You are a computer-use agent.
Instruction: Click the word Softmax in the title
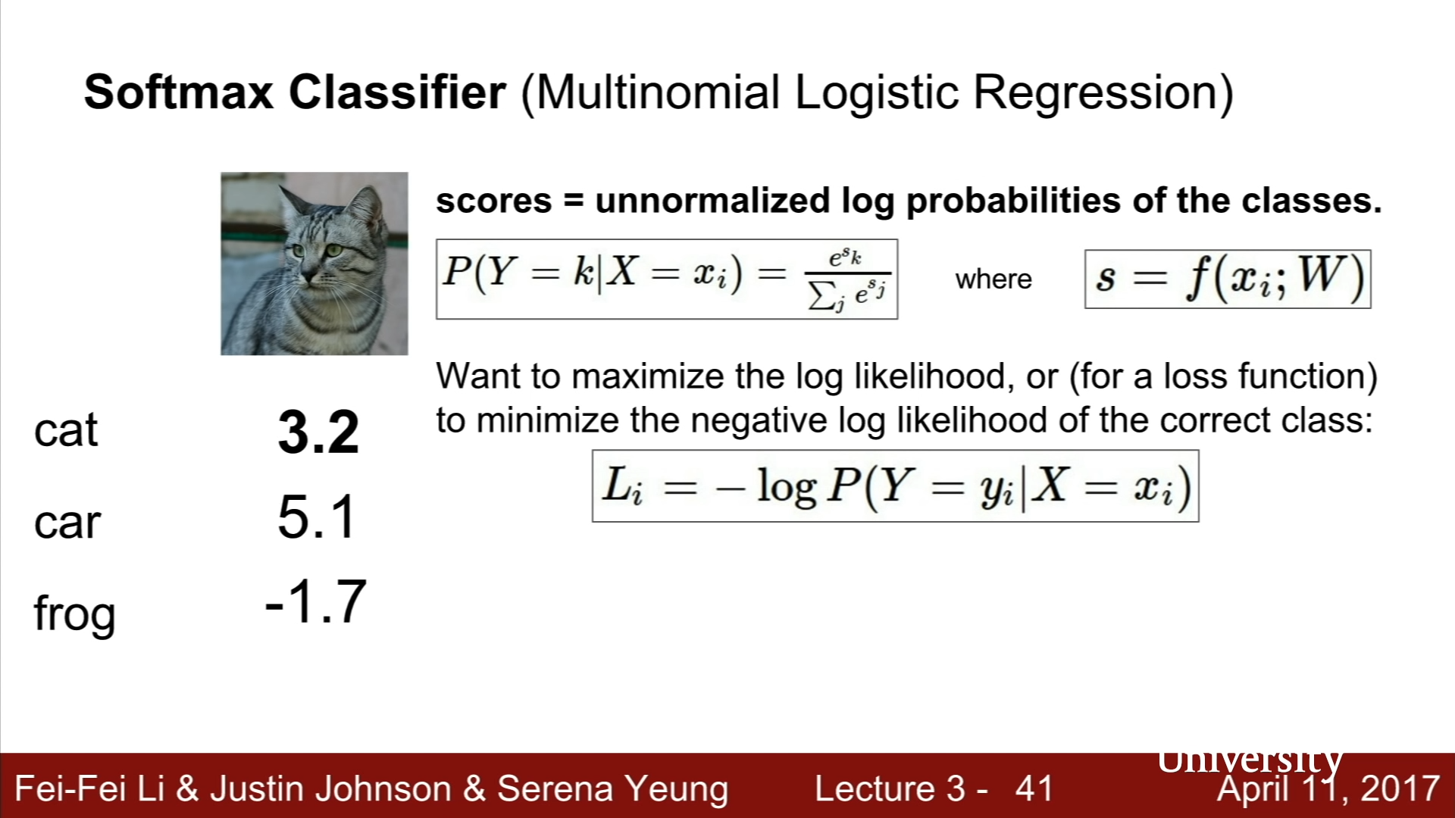[179, 92]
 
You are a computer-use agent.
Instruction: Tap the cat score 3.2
[318, 432]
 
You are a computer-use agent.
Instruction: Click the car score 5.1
[317, 517]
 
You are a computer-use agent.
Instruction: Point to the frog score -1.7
[316, 601]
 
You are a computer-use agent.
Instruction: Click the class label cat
[66, 431]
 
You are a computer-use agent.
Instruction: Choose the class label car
[67, 523]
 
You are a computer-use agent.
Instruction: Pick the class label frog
[74, 613]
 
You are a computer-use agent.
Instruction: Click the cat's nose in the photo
[309, 274]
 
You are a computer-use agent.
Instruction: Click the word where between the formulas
[993, 279]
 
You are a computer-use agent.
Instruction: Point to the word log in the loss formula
[787, 487]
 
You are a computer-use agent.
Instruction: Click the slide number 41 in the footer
[1034, 788]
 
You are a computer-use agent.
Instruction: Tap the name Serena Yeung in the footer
[612, 789]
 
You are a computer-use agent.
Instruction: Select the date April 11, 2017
[1328, 789]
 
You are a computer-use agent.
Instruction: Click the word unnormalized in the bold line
[712, 201]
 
